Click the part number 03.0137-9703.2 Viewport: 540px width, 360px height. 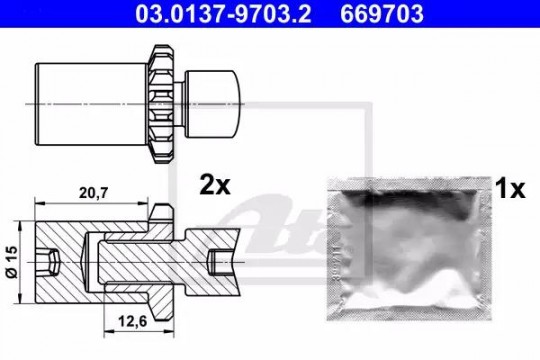(x=223, y=14)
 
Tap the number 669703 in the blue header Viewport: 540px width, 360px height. (x=382, y=14)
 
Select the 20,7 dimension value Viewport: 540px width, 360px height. (x=93, y=193)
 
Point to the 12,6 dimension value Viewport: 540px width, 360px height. (x=133, y=321)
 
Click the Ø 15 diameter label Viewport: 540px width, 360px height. (x=11, y=262)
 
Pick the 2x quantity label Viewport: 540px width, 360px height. (x=215, y=186)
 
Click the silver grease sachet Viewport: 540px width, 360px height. (x=409, y=249)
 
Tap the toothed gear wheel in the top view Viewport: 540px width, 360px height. (x=161, y=104)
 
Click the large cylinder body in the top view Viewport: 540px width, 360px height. (x=92, y=104)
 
